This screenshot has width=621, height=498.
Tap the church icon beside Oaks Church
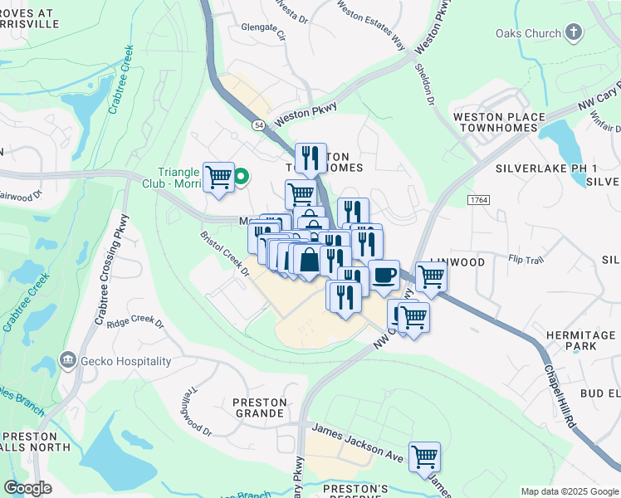[573, 32]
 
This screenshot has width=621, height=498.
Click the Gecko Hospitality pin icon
[67, 361]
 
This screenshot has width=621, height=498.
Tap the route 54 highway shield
[260, 124]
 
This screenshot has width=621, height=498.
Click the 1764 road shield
[477, 200]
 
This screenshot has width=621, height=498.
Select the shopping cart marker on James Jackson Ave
[424, 456]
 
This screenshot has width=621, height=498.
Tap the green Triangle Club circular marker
[242, 176]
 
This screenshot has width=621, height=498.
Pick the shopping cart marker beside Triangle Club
[218, 176]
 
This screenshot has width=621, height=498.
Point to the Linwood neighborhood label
[456, 262]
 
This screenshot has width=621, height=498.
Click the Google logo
[27, 488]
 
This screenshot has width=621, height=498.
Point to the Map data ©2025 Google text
[569, 491]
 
